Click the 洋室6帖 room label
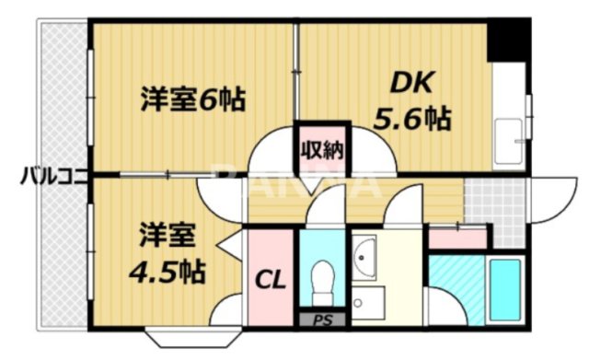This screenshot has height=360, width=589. [192, 99]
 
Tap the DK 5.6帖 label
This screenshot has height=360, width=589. [410, 101]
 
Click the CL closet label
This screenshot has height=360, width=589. [269, 277]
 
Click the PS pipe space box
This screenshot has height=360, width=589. [322, 319]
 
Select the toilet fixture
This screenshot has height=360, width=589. [321, 277]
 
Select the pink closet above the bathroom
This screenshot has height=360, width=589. [457, 238]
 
